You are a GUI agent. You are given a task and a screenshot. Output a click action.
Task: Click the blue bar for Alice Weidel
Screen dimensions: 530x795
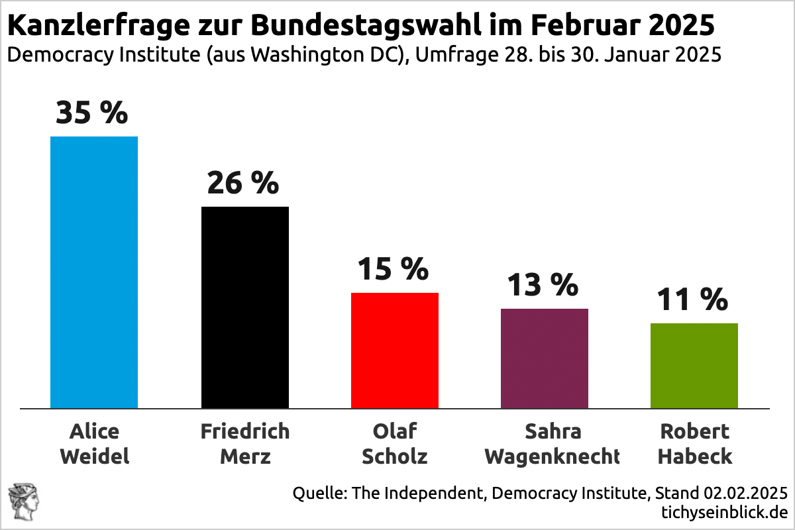pyautogui.click(x=94, y=272)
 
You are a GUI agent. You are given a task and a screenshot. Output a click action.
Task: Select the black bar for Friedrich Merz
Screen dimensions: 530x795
pyautogui.click(x=244, y=307)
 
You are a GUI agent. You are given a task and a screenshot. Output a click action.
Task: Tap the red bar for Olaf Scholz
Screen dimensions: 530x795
pyautogui.click(x=394, y=350)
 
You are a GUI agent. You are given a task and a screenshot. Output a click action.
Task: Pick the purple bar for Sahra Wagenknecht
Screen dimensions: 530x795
pyautogui.click(x=544, y=358)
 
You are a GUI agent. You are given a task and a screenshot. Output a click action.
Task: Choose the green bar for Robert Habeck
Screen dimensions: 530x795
pyautogui.click(x=694, y=366)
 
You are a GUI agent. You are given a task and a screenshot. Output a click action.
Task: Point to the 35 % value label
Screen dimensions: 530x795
pyautogui.click(x=91, y=113)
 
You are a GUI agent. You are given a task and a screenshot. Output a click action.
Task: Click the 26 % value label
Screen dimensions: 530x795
pyautogui.click(x=242, y=183)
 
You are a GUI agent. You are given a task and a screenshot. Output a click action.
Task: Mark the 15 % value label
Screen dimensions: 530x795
pyautogui.click(x=393, y=269)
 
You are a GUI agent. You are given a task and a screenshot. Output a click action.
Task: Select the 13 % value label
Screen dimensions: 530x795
pyautogui.click(x=543, y=285)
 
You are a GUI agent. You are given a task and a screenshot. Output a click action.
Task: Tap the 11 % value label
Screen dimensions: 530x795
pyautogui.click(x=692, y=299)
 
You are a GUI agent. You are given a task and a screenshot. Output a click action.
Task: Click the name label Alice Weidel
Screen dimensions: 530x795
pyautogui.click(x=94, y=444)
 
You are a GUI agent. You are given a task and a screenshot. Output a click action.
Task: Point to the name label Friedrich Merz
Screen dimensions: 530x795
pyautogui.click(x=244, y=444)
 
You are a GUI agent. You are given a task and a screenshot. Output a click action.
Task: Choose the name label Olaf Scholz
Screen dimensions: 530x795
pyautogui.click(x=395, y=444)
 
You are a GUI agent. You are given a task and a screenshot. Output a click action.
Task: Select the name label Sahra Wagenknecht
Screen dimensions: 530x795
pyautogui.click(x=552, y=444)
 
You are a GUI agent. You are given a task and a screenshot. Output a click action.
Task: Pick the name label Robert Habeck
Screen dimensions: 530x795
pyautogui.click(x=694, y=444)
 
